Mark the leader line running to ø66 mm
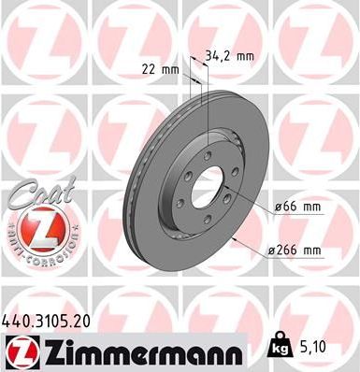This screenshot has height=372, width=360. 248,202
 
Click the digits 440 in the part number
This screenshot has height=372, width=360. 17,319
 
